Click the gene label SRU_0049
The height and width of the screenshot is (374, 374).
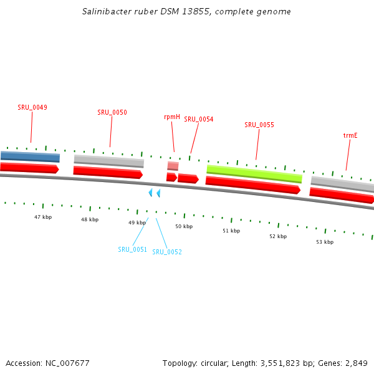click(x=32, y=107)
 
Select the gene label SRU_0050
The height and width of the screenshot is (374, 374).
click(x=112, y=112)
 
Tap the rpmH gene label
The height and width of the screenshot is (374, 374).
click(x=172, y=117)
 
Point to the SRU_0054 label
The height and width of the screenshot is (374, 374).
click(x=198, y=119)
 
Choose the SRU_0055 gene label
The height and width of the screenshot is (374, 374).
click(x=259, y=125)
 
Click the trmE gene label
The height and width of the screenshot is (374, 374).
click(x=350, y=135)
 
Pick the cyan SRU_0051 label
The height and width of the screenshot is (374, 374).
click(x=132, y=249)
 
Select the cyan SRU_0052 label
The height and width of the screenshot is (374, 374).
click(x=167, y=252)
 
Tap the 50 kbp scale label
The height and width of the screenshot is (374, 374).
click(x=184, y=226)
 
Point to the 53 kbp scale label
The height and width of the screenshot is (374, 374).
click(x=325, y=242)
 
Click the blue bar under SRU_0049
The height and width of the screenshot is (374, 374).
click(x=30, y=156)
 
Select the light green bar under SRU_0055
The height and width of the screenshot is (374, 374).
click(x=254, y=173)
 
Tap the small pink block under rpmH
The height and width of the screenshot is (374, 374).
click(x=173, y=166)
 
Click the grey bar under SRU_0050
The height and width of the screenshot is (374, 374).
click(x=108, y=161)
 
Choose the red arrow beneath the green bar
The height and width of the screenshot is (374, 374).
click(x=252, y=185)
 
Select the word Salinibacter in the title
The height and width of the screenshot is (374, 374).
click(x=107, y=12)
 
